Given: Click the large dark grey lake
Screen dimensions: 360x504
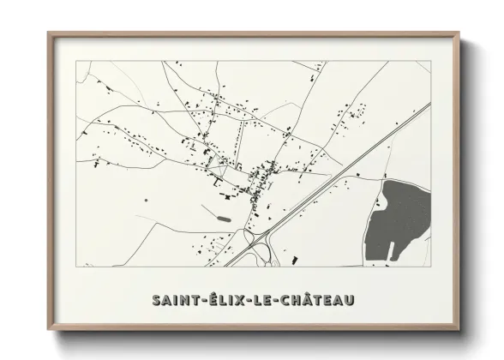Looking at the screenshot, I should tap(396, 220).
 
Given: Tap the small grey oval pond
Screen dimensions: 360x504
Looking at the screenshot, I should tap(225, 219).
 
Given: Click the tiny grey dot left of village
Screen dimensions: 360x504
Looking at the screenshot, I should tap(146, 200).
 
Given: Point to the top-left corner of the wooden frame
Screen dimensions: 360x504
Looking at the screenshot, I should tap(49, 33).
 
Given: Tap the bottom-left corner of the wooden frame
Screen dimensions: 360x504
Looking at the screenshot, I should tap(49, 331).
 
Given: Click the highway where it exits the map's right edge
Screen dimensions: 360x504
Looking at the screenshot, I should tap(429, 105).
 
